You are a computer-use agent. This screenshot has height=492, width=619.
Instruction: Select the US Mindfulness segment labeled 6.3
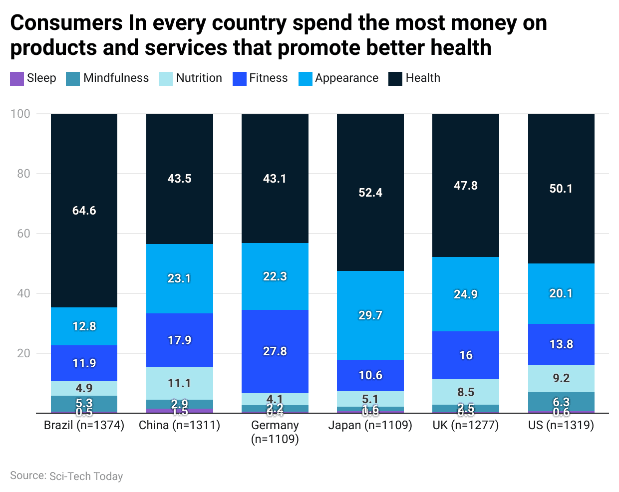click(561, 399)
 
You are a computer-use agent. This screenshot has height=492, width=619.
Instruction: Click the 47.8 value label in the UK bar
click(465, 186)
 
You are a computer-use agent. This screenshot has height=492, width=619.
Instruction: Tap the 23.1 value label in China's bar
click(179, 278)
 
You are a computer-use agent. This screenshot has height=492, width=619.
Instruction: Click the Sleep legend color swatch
click(17, 79)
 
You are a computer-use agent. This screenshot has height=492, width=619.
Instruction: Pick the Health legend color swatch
click(395, 79)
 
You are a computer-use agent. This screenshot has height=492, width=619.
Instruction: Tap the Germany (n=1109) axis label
click(275, 432)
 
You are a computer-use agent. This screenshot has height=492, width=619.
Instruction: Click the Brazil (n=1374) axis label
click(84, 425)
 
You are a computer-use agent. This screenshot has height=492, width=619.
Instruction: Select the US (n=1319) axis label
click(561, 425)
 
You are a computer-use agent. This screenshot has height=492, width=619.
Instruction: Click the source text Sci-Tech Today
click(86, 476)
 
